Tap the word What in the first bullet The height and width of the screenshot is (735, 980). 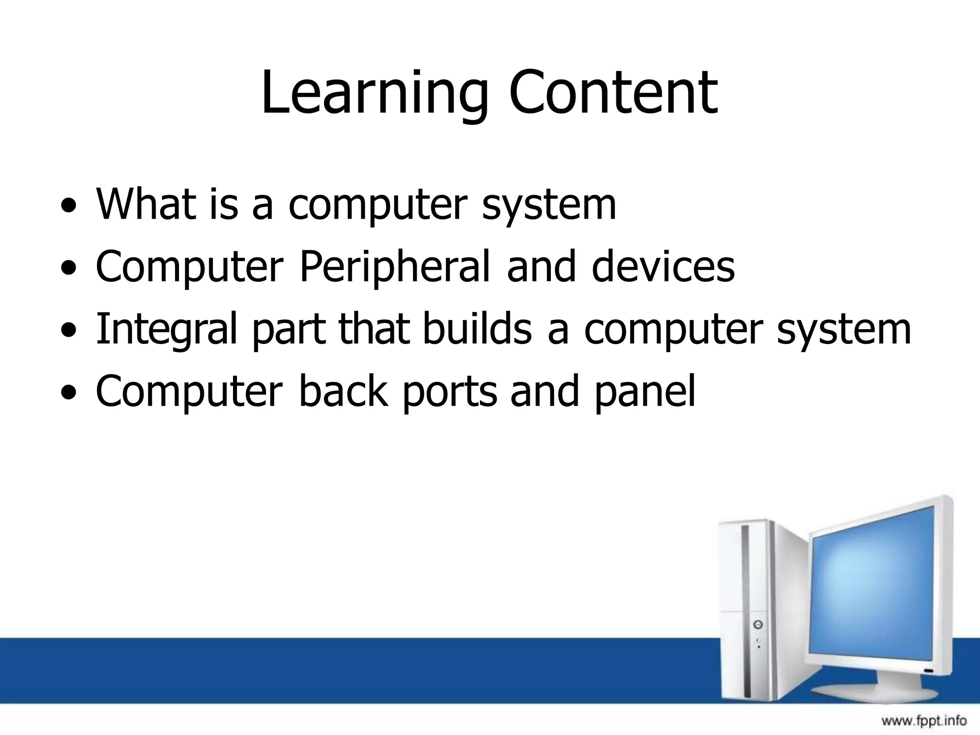(x=146, y=204)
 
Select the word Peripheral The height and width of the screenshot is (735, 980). (x=395, y=267)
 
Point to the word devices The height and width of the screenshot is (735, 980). (x=663, y=267)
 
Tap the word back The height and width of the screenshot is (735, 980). (x=343, y=391)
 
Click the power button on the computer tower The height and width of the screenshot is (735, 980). (x=757, y=625)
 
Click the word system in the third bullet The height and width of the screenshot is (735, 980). (x=844, y=329)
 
